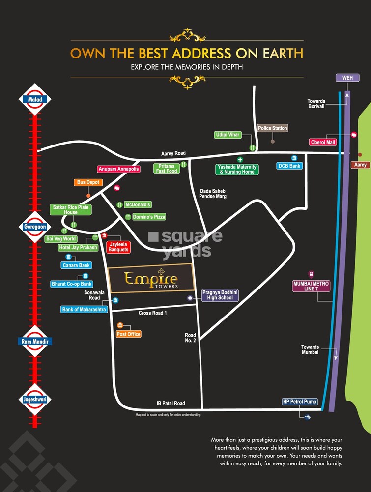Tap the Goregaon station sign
point(34,227)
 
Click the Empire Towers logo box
point(151,279)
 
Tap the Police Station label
point(273,128)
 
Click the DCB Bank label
point(289,166)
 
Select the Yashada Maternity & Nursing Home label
point(237,169)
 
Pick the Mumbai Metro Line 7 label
point(311,287)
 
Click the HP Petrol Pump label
point(300,402)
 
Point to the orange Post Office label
point(129,334)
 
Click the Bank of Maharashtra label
point(84,310)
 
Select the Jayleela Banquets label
point(118,246)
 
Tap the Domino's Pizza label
point(149,217)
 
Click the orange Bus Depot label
point(88,182)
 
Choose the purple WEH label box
point(347,78)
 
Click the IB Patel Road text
point(171,404)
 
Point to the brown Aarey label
point(361,165)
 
